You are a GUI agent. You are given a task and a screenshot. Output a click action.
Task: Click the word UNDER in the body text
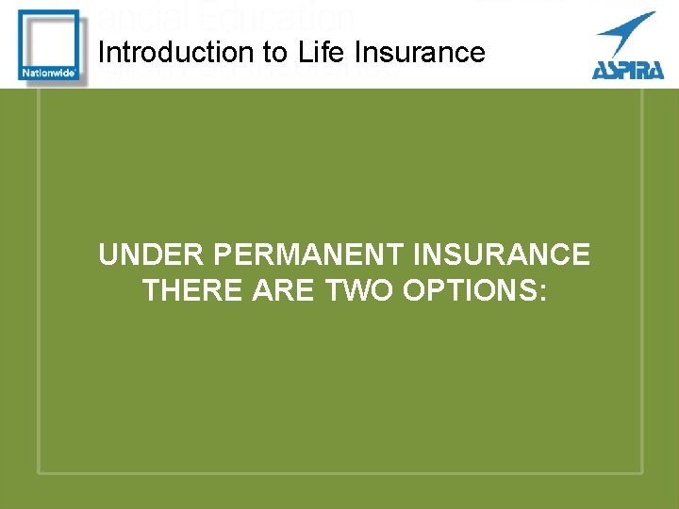pos(152,255)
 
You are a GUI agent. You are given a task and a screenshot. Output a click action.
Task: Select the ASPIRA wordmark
pos(628,69)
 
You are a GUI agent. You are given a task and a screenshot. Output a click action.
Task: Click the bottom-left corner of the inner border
pos(39,471)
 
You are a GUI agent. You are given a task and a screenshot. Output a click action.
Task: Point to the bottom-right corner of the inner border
pos(642,471)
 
